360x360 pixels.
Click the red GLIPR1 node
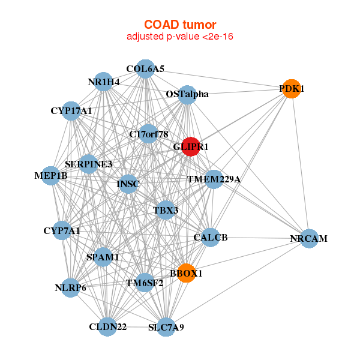pos(190,146)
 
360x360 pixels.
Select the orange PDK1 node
pos(291,89)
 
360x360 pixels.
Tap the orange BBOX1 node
pos(187,273)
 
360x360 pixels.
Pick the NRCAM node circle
pos(308,238)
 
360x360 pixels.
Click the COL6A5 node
pos(145,69)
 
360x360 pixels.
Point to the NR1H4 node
pos(104,82)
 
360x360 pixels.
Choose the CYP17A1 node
pos(71,111)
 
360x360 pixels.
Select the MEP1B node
pos(52,176)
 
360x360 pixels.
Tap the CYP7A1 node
pos(62,230)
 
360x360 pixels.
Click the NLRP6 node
pos(71,287)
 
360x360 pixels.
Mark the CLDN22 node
pos(108,327)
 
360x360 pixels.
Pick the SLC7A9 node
pos(166,328)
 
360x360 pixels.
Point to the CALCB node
pos(211,238)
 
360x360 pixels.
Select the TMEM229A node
pos(214,179)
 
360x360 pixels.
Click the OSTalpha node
pos(187,94)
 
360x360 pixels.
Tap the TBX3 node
pos(166,211)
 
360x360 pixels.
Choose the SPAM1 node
pos(103,257)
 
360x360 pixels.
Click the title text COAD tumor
pos(179,25)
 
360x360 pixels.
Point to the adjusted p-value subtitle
pos(179,37)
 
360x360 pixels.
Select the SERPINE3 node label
pos(89,163)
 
